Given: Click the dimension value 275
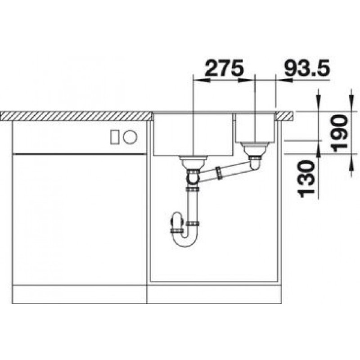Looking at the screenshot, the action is [224, 68].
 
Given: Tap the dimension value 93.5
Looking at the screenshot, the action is [307, 68].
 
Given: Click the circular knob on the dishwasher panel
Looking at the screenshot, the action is [130, 137].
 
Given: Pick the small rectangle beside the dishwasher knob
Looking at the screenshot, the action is [115, 137].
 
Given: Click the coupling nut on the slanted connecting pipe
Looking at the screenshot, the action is [219, 173].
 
